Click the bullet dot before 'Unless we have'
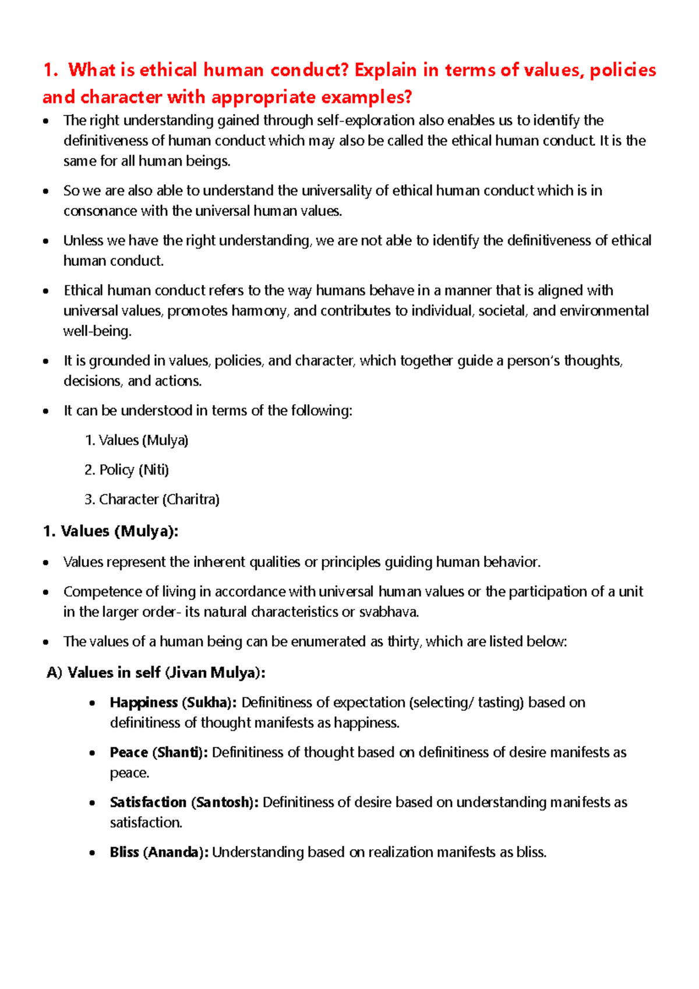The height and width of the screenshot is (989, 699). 46,241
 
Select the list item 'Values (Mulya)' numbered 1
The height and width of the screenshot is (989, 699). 136,440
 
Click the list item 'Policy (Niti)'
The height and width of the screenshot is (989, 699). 127,470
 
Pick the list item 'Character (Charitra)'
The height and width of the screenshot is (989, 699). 152,500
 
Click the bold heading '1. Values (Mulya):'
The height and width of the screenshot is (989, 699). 111,531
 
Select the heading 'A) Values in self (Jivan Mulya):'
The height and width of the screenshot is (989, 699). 156,673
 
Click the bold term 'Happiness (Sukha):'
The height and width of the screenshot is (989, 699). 173,703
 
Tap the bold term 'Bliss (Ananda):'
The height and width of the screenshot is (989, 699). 159,853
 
